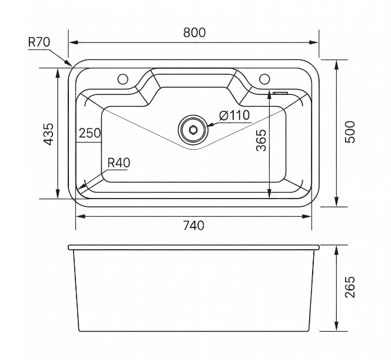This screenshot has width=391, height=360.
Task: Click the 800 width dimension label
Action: (194, 32)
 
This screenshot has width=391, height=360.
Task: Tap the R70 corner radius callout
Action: (39, 42)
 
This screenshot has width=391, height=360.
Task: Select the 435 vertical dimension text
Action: (48, 134)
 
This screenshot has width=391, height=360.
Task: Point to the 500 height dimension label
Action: (350, 132)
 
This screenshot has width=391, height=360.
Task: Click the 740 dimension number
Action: (194, 226)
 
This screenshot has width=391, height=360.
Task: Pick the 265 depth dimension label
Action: (350, 287)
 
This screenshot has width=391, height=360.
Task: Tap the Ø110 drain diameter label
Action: (234, 115)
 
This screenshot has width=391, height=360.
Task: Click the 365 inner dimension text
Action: (261, 140)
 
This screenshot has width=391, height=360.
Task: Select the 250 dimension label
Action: (90, 133)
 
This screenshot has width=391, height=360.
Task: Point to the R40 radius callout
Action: (119, 163)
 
